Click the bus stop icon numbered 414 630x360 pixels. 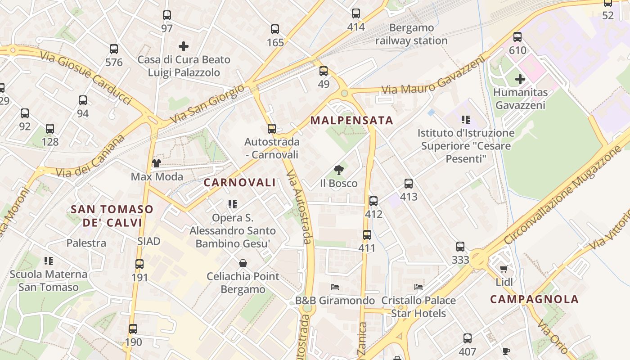click(x=356, y=13)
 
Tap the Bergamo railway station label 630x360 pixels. click(x=411, y=34)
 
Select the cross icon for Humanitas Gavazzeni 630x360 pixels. click(x=520, y=80)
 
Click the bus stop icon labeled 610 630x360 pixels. click(x=517, y=37)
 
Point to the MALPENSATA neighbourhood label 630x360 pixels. click(x=352, y=121)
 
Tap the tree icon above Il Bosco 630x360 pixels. click(x=339, y=170)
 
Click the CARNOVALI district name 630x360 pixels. click(x=239, y=183)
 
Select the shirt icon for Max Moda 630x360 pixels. click(x=157, y=163)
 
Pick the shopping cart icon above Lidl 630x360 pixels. click(x=504, y=269)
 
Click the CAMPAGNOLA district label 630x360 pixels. click(x=534, y=300)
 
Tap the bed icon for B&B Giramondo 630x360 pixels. click(x=334, y=287)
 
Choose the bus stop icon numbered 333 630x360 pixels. click(x=460, y=247)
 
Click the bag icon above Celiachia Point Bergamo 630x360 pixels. click(x=243, y=263)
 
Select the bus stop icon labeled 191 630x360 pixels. click(x=139, y=264)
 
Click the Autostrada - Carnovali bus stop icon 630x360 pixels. click(x=272, y=129)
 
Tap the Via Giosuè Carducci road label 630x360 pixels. click(x=85, y=76)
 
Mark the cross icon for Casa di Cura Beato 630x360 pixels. click(x=184, y=46)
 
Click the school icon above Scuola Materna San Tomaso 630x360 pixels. click(x=49, y=261)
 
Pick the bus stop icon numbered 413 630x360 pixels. click(x=409, y=184)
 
